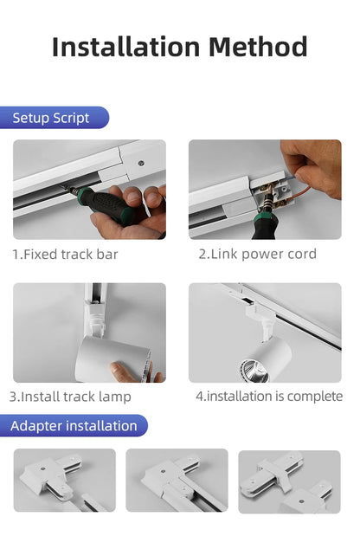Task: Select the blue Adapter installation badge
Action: pyautogui.click(x=75, y=425)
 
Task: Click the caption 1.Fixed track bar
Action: pyautogui.click(x=65, y=255)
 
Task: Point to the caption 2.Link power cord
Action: pyautogui.click(x=257, y=254)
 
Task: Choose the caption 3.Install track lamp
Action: pyautogui.click(x=70, y=397)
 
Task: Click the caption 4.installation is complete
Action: pyautogui.click(x=269, y=396)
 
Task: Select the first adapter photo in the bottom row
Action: pyautogui.click(x=64, y=481)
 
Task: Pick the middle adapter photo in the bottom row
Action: pyautogui.click(x=177, y=481)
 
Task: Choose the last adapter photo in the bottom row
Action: pyautogui.click(x=289, y=481)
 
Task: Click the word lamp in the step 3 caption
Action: pyautogui.click(x=115, y=397)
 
